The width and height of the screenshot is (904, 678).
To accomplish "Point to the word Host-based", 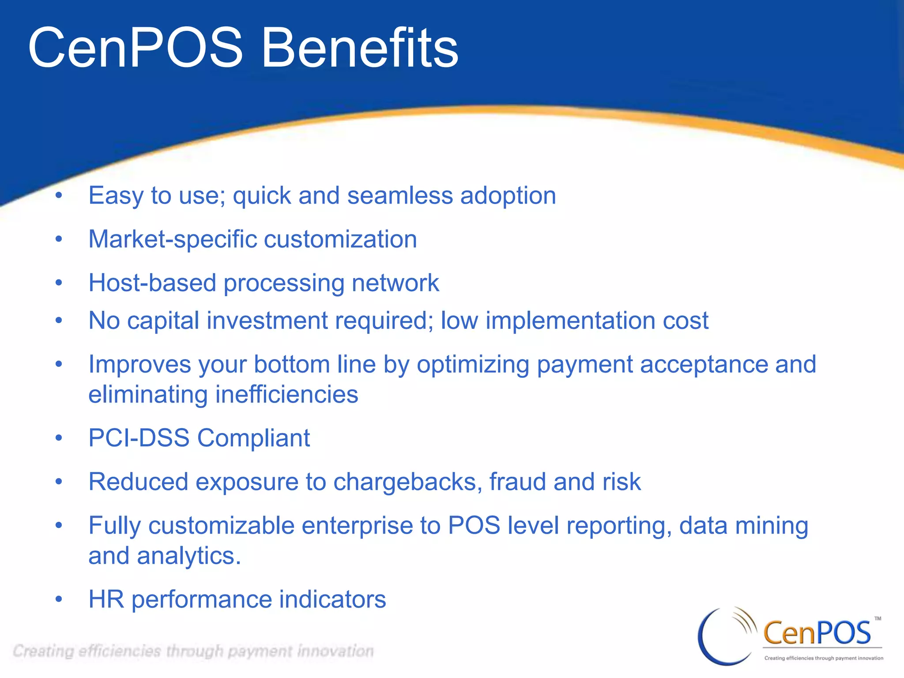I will pyautogui.click(x=152, y=283).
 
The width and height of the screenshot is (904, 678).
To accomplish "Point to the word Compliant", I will pyautogui.click(x=253, y=438).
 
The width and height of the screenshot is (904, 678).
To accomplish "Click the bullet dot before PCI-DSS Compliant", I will pyautogui.click(x=59, y=438).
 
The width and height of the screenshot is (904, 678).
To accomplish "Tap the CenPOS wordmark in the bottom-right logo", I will pyautogui.click(x=817, y=633).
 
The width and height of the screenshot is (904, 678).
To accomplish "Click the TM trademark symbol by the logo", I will pyautogui.click(x=878, y=618).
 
